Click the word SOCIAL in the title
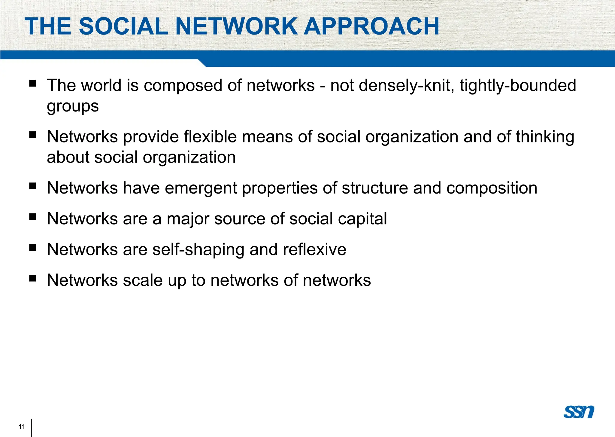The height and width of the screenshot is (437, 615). tap(123, 26)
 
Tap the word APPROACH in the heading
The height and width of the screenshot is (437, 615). tap(371, 26)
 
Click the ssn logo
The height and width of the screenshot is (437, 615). tap(579, 412)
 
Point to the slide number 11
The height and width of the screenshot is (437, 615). tap(22, 426)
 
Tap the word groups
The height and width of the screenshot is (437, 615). tap(73, 106)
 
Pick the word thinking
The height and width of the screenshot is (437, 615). tap(545, 137)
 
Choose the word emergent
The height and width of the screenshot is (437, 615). tap(201, 188)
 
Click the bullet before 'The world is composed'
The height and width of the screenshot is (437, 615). tap(32, 83)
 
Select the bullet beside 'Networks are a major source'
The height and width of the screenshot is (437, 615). tap(32, 217)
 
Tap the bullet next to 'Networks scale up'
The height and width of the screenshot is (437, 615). tap(32, 278)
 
